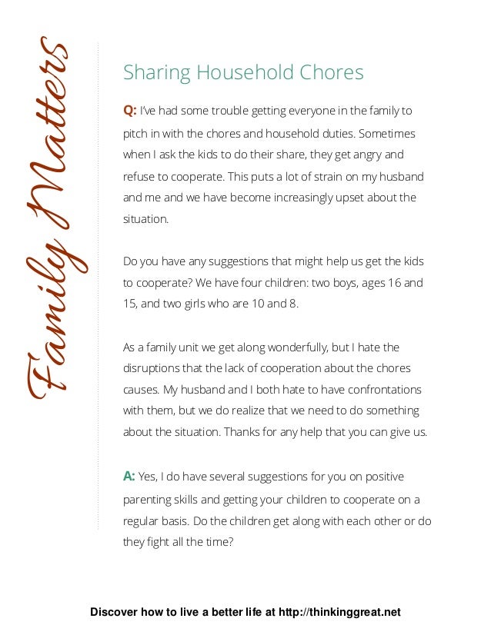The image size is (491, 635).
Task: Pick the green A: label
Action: [130, 477]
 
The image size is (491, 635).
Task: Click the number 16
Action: [392, 282]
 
